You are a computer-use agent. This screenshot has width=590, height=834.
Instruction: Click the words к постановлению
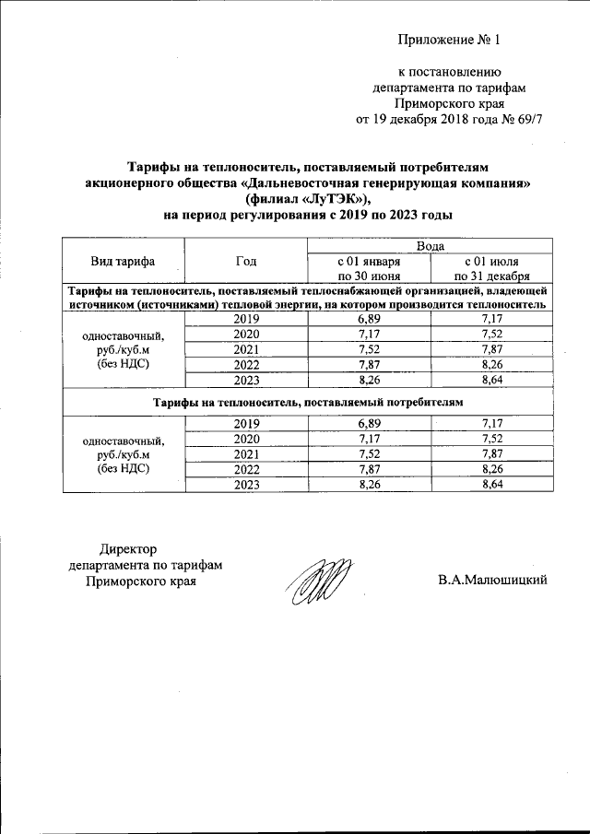(449, 72)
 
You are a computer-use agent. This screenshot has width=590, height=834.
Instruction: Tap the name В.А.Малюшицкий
(493, 580)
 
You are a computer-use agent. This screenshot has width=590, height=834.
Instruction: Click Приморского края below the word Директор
(141, 581)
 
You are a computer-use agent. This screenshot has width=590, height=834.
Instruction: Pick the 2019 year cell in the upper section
(246, 318)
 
